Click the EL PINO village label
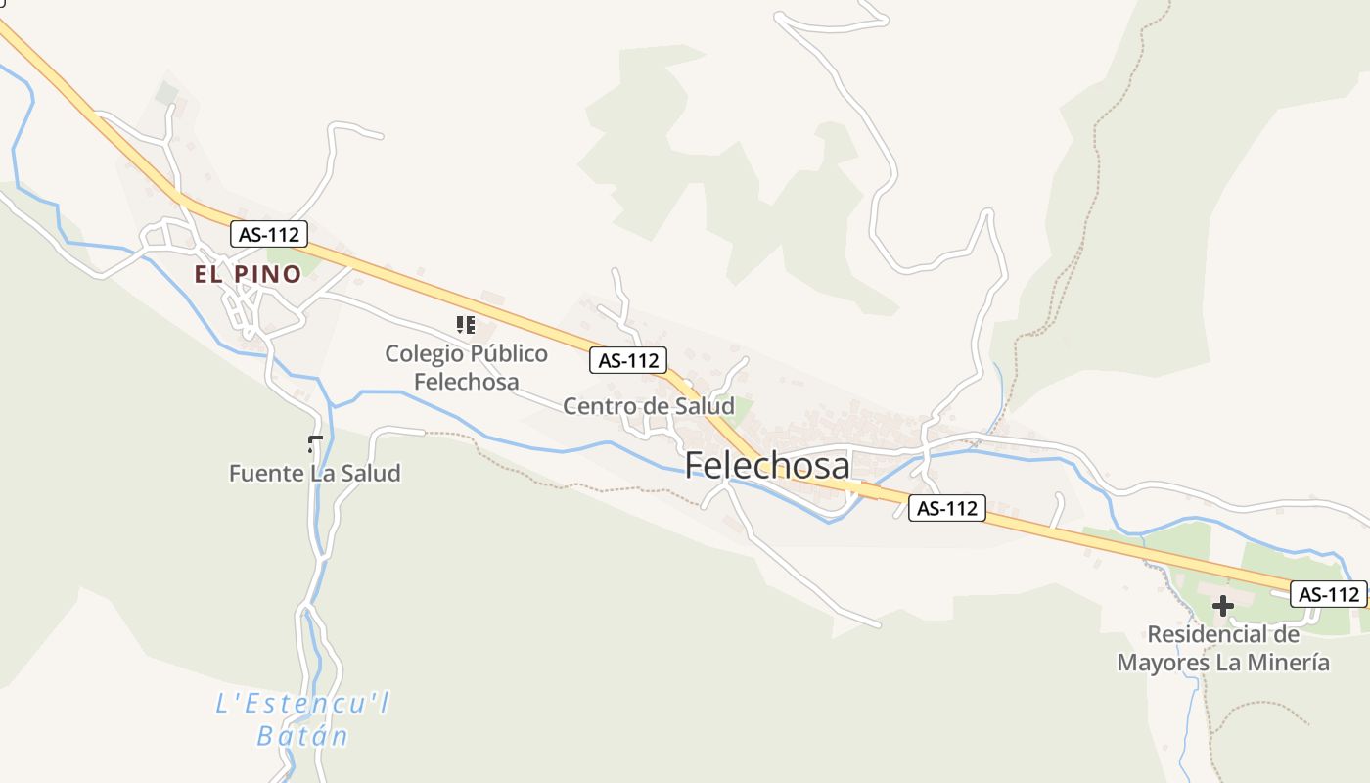pyautogui.click(x=248, y=274)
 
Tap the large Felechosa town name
pyautogui.click(x=767, y=465)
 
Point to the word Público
pyautogui.click(x=508, y=353)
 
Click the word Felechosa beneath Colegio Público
pyautogui.click(x=466, y=381)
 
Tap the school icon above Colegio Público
pyautogui.click(x=466, y=324)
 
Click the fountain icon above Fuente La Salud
pyautogui.click(x=315, y=444)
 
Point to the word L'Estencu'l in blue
pyautogui.click(x=302, y=704)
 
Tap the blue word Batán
pyautogui.click(x=302, y=735)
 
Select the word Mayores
pyautogui.click(x=1163, y=663)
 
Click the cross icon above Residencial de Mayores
pyautogui.click(x=1222, y=606)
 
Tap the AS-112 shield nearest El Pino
pyautogui.click(x=269, y=234)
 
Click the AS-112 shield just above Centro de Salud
pyautogui.click(x=628, y=360)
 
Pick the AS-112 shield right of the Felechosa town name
pyautogui.click(x=946, y=508)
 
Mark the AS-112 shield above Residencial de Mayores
pyautogui.click(x=1328, y=594)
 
